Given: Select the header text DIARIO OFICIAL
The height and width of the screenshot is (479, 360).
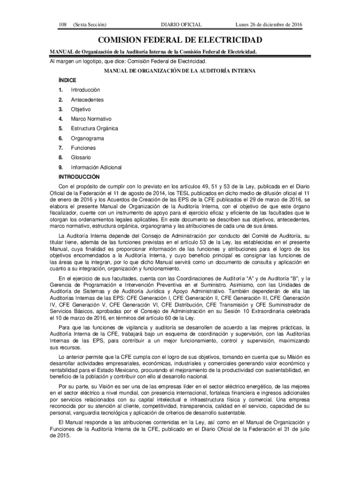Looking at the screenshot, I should point(181,24).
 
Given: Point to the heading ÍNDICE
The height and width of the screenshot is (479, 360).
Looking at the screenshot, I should point(66,80).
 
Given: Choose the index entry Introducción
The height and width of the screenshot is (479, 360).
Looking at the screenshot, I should point(85,90).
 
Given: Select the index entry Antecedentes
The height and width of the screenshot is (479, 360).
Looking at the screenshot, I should point(87,100).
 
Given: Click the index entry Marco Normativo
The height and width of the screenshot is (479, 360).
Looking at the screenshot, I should point(91,119).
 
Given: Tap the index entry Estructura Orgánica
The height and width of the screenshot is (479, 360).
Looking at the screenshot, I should point(94,129).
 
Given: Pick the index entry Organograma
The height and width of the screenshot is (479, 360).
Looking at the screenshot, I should point(87,138).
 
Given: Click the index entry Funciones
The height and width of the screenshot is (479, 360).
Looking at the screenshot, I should point(83,148).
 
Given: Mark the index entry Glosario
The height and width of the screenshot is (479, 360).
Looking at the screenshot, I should point(81,158).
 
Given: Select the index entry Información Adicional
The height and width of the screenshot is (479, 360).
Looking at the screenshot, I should point(96,167).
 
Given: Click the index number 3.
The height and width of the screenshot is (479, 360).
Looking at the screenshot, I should point(60,109).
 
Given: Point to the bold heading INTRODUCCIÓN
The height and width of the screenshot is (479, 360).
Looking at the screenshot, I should point(79,177).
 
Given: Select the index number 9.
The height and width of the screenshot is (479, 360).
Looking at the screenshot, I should point(60,167).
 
